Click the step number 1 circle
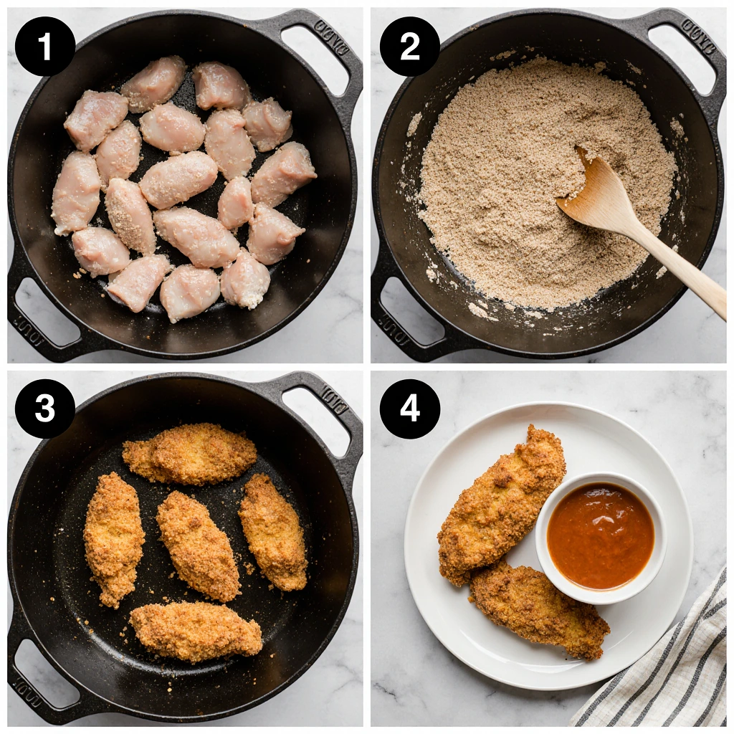coord(45,47)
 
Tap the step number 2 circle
coord(409,47)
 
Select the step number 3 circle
coord(45,409)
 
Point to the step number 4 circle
coord(409,409)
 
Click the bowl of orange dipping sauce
coord(601,536)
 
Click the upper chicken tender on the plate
coord(502,502)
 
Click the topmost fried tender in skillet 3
coord(190,453)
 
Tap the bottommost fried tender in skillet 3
coord(196,631)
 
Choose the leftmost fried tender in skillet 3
coord(113,538)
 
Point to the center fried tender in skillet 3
coord(198,545)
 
